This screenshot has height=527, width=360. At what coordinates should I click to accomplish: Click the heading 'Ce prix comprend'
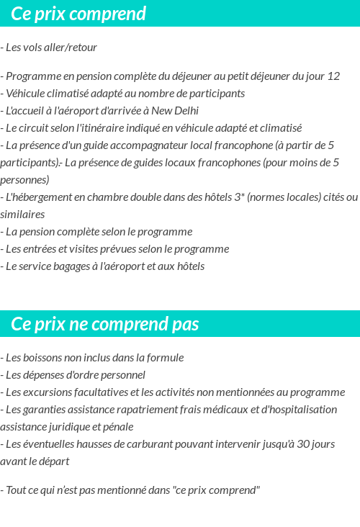(x=78, y=14)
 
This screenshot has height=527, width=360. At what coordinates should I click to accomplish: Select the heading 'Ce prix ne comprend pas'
(x=105, y=324)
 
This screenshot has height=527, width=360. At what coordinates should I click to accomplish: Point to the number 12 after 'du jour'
(x=333, y=76)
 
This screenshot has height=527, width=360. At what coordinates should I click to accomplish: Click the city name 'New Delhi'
(x=176, y=111)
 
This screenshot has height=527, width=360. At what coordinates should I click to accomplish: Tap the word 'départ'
(x=53, y=461)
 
